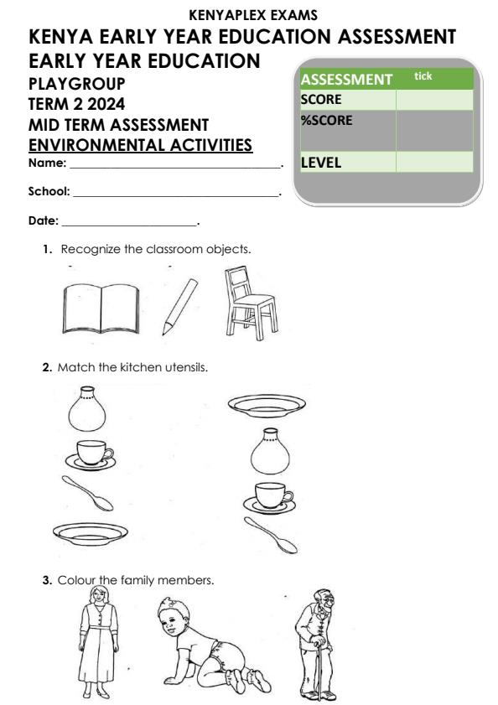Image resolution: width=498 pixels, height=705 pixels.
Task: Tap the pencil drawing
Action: (x=180, y=302)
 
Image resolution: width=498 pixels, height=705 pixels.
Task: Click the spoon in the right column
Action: (x=271, y=536)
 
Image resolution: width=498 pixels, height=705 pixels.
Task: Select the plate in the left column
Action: (x=91, y=531)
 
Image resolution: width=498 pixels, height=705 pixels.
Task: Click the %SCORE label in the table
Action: (x=326, y=120)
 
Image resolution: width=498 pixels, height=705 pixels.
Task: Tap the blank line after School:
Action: (x=175, y=194)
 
